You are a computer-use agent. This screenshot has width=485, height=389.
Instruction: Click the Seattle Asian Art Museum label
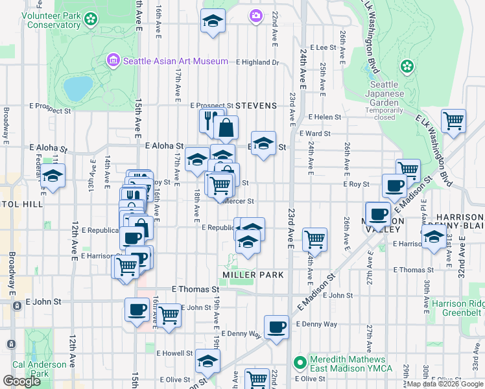pos(175,61)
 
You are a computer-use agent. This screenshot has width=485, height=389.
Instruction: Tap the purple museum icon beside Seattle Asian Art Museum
pos(114,61)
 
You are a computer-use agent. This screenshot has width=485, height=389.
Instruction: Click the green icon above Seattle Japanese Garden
pos(407,66)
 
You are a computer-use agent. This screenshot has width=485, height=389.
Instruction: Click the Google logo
pos(21,381)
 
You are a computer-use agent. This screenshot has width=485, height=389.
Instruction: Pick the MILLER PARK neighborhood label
pos(254,275)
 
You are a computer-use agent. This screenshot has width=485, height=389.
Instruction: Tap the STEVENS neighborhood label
pos(256,105)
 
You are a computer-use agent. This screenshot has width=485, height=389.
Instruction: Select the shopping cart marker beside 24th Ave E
pos(314,239)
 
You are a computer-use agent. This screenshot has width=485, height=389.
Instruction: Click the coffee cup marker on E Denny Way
pos(276,327)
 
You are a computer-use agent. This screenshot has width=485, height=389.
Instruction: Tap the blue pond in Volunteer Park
pos(78,88)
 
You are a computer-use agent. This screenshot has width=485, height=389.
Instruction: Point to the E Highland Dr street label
pos(257,62)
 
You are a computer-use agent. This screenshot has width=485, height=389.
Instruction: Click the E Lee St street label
pos(323,47)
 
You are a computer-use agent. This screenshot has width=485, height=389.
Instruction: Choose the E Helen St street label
pos(325,117)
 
